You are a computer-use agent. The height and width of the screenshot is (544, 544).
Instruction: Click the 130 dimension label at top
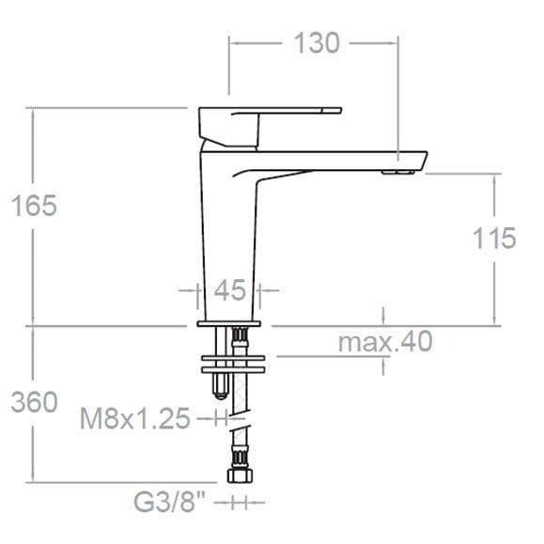point(317,42)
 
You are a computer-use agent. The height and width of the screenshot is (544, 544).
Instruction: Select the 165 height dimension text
point(35,206)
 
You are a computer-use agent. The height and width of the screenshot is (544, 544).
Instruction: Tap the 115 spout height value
point(494,239)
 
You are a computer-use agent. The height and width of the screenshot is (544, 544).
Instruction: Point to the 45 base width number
point(229,290)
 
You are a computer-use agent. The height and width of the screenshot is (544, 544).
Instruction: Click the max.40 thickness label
point(385,342)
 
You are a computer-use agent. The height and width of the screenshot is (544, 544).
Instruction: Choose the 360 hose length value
point(35,402)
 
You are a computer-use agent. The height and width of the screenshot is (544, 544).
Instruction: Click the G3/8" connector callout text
point(169,503)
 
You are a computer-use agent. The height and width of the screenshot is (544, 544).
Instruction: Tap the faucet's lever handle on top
point(272,117)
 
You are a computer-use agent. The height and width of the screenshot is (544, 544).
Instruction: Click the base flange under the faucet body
point(234,323)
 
